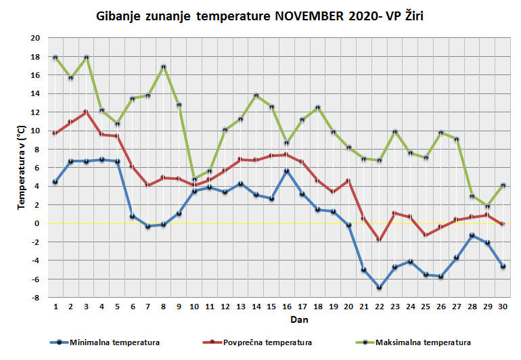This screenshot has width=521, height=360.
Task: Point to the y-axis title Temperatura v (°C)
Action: [x=22, y=166]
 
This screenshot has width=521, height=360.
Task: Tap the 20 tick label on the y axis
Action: [x=35, y=38]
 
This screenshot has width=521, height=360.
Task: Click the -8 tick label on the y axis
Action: [x=35, y=297]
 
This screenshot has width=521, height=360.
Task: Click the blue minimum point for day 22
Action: [x=380, y=288]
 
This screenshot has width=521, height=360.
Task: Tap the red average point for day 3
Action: [x=87, y=112]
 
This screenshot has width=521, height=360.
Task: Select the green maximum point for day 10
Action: [x=195, y=179]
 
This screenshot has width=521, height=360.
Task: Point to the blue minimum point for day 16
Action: [x=287, y=171]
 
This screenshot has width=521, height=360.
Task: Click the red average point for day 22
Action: [x=380, y=240]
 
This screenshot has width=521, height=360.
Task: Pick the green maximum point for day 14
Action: [x=256, y=95]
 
